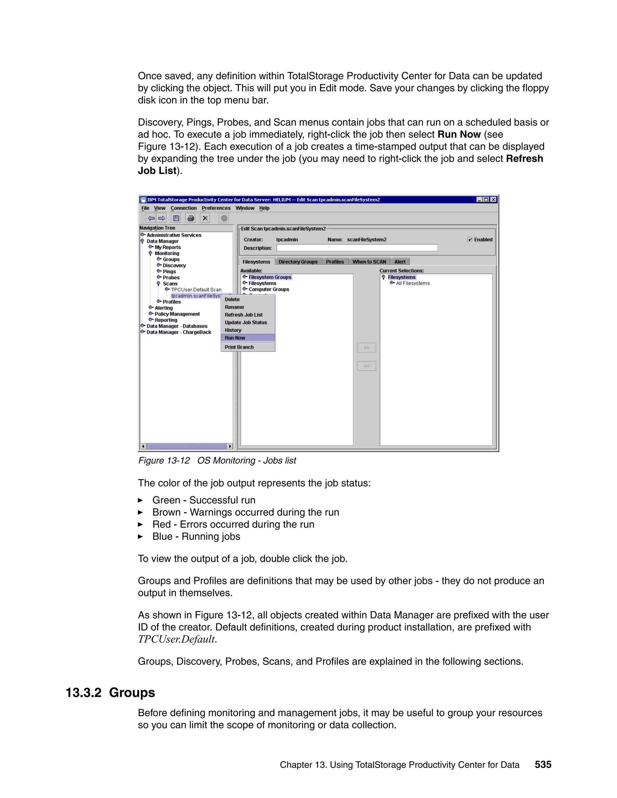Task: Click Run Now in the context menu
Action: (235, 338)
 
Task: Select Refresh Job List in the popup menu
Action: (243, 315)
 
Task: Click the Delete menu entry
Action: (232, 299)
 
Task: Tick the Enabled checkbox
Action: (470, 240)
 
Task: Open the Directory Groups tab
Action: (298, 262)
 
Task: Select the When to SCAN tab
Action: (369, 262)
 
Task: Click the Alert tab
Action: (400, 262)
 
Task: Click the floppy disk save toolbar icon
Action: (176, 219)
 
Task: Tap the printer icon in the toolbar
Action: (190, 219)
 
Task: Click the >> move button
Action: (366, 348)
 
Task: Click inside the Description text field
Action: (357, 248)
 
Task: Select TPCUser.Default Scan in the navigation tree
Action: (196, 290)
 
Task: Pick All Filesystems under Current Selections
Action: (413, 283)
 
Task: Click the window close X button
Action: (493, 199)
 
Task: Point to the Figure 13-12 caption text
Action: (217, 460)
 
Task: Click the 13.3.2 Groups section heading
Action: (110, 692)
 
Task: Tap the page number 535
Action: (543, 764)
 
